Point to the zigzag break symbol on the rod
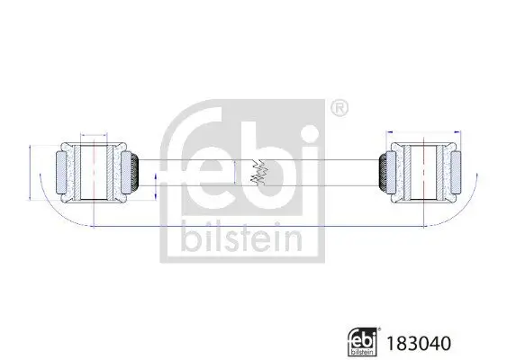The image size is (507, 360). click(258, 171)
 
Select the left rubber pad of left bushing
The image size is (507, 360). click(62, 170)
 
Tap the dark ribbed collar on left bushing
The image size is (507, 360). click(131, 170)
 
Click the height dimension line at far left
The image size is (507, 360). click(32, 170)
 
